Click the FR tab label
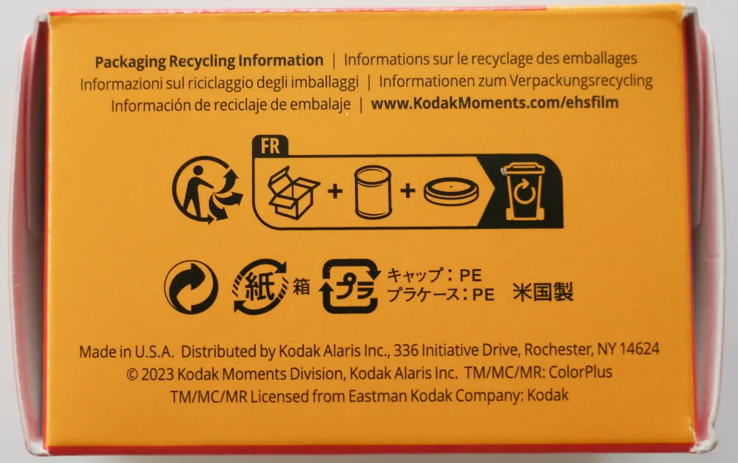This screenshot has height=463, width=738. pyautogui.click(x=270, y=146)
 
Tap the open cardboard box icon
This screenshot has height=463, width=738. pyautogui.click(x=294, y=192)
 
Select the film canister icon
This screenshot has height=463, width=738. pyautogui.click(x=373, y=192)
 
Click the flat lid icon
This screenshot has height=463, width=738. pyautogui.click(x=451, y=191)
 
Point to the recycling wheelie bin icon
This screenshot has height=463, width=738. pyautogui.click(x=524, y=192)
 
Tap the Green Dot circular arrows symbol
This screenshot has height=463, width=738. pyautogui.click(x=191, y=287)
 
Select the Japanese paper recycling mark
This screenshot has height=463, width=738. pyautogui.click(x=260, y=287)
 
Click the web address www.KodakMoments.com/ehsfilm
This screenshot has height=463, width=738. pyautogui.click(x=495, y=103)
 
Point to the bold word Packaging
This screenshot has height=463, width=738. pyautogui.click(x=130, y=61)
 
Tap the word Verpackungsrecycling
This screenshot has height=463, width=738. pyautogui.click(x=580, y=80)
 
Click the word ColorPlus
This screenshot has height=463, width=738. pyautogui.click(x=580, y=372)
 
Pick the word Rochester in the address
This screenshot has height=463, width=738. pyautogui.click(x=558, y=349)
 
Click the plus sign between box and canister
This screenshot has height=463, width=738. pyautogui.click(x=335, y=191)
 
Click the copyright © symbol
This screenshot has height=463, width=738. pyautogui.click(x=132, y=374)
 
